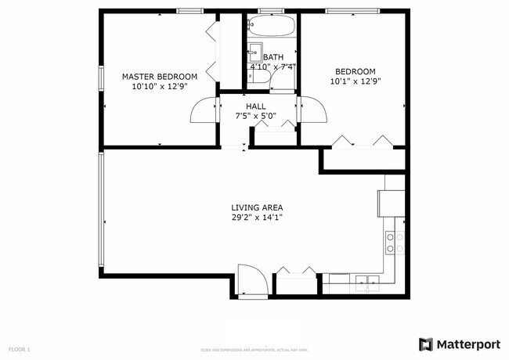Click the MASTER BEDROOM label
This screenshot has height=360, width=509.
coord(159,77)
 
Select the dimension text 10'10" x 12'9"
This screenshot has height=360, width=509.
coord(159,88)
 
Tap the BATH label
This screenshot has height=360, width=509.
coord(273,57)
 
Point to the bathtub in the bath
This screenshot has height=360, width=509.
coord(272,27)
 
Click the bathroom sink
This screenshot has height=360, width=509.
coord(255,53)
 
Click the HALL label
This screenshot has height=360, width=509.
coord(256,106)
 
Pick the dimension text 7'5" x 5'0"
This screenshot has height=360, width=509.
coord(256,116)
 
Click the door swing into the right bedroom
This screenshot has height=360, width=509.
coord(309,110)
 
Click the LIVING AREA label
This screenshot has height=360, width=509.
coord(257,207)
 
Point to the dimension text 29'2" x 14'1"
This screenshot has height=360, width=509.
coord(257,218)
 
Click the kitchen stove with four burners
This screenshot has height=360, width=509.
coord(395,243)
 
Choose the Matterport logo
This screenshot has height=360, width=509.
coord(458,344)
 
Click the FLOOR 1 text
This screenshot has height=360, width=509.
coord(19,348)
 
